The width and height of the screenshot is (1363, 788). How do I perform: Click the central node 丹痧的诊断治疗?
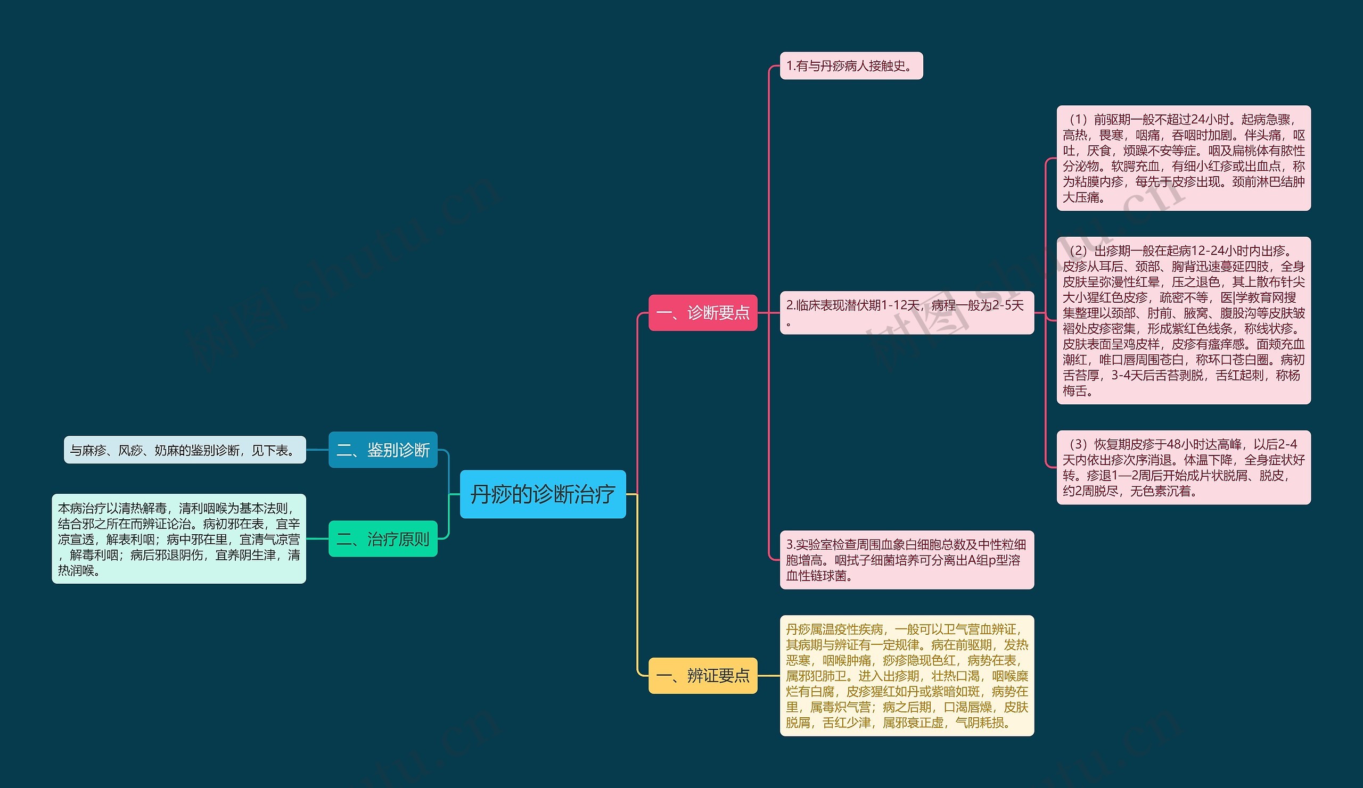[x=543, y=494]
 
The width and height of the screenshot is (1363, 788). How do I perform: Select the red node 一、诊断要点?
[x=703, y=312]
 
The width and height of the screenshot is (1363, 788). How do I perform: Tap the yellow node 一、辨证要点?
[x=703, y=675]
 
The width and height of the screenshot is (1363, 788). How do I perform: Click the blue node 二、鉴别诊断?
[x=383, y=450]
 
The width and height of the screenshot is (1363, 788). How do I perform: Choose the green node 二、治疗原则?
[x=383, y=539]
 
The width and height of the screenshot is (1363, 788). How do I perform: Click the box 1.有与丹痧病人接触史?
[x=851, y=66]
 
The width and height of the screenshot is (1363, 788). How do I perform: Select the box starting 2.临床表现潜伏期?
[x=907, y=312]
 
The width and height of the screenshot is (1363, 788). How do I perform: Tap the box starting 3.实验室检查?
[x=907, y=560]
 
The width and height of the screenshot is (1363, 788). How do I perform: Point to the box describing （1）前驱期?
[x=1184, y=158]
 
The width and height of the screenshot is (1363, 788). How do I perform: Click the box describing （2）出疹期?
[x=1184, y=320]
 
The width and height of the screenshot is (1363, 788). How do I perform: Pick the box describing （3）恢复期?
[x=1184, y=468]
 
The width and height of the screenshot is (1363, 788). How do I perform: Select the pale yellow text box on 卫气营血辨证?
[x=907, y=676]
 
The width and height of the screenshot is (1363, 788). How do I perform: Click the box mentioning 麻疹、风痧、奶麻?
[x=184, y=450]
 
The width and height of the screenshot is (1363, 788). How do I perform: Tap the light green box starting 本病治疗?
[x=178, y=539]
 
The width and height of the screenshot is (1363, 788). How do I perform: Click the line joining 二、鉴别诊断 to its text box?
[x=317, y=450]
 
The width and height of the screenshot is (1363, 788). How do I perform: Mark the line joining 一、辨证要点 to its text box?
[x=768, y=676]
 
